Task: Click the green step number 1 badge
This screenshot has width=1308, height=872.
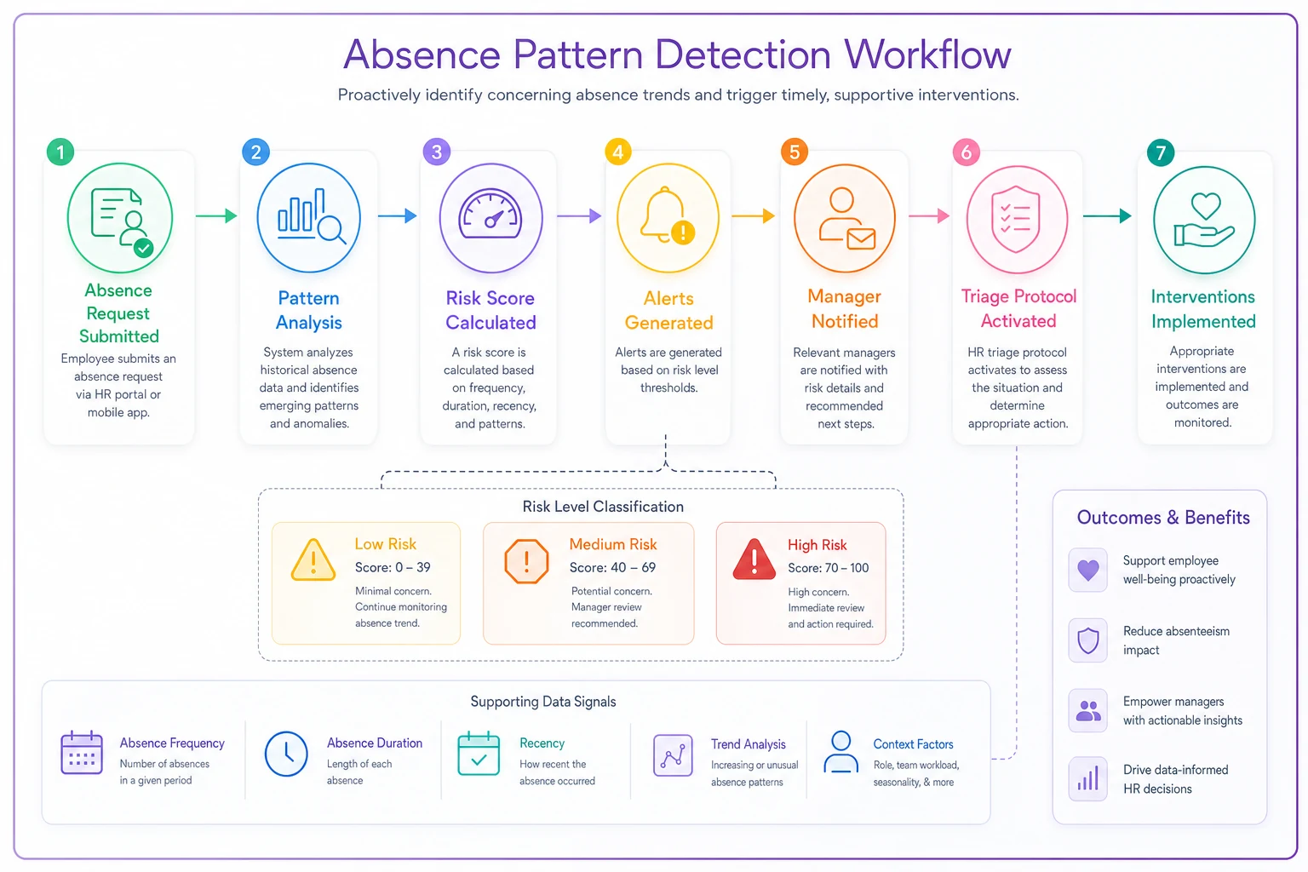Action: (x=60, y=152)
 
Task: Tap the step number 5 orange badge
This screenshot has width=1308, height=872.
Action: (x=795, y=152)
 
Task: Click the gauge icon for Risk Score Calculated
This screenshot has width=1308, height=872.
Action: (x=490, y=214)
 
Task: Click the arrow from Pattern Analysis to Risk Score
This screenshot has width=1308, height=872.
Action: (x=397, y=216)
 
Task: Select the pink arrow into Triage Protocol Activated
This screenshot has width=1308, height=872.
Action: (x=929, y=216)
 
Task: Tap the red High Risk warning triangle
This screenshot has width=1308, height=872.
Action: (x=754, y=559)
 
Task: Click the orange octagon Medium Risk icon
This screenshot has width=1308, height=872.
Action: (x=526, y=561)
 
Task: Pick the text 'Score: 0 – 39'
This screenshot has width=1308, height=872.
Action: (x=393, y=567)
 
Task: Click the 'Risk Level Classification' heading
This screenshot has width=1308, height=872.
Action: (x=603, y=507)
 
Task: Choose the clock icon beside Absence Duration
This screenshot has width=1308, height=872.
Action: (x=286, y=754)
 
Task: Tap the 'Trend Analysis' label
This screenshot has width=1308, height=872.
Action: (x=748, y=744)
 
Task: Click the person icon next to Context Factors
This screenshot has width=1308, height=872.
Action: (x=840, y=752)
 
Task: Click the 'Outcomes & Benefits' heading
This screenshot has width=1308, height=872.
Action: (x=1163, y=518)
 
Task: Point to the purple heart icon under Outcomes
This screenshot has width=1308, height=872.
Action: (x=1087, y=570)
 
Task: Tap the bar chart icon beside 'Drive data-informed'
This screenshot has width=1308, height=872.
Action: (x=1087, y=778)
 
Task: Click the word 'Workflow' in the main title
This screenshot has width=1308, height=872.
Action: (x=927, y=54)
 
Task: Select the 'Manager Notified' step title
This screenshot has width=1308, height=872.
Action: (x=845, y=308)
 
